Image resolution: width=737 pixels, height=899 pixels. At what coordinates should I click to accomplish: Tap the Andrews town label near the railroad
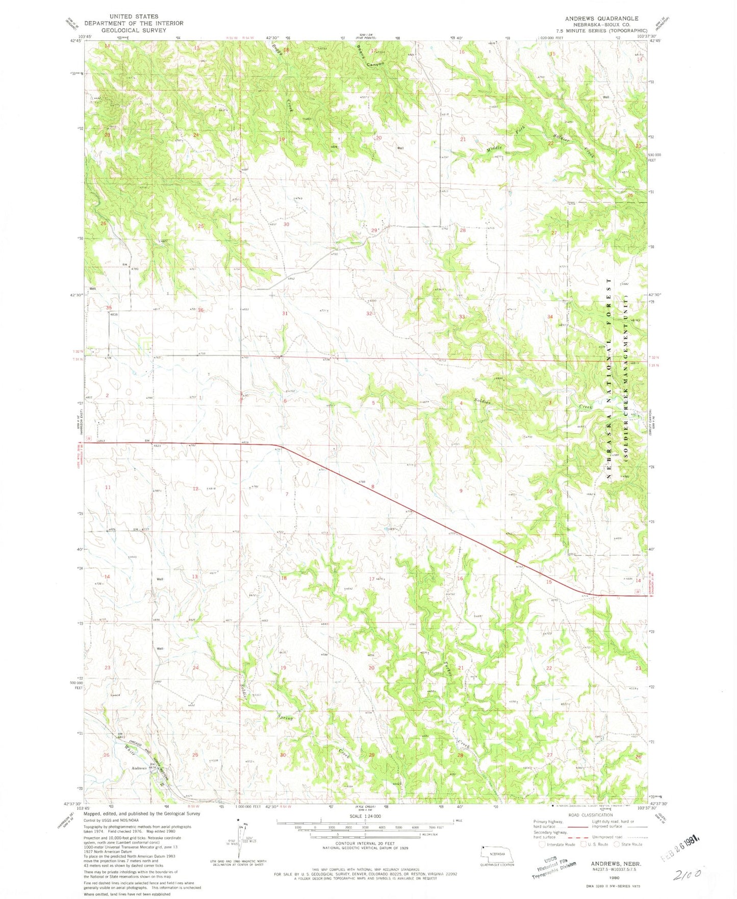pos(139,768)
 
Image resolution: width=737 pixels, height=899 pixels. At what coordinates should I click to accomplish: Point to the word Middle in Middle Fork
pos(494,149)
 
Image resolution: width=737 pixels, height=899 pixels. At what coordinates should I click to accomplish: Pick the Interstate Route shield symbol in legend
pos(542,844)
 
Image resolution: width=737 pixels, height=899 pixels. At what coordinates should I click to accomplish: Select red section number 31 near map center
pos(285,313)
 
